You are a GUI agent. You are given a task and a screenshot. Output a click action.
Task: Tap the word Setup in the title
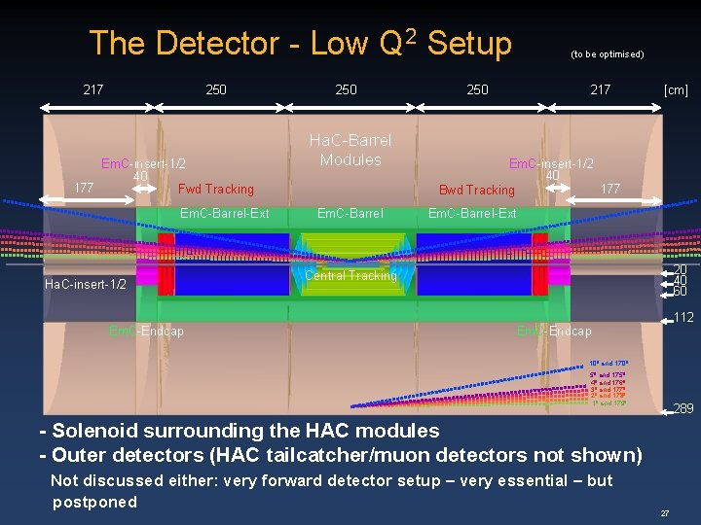click(x=468, y=43)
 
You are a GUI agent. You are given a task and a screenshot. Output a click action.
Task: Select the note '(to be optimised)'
click(x=607, y=54)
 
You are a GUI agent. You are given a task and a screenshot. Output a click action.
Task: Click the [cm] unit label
click(x=676, y=89)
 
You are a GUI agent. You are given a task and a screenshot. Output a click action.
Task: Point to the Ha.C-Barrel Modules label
click(x=350, y=150)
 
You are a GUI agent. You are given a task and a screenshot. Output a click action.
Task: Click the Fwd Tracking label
click(x=216, y=189)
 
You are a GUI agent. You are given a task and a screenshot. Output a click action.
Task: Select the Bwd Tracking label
click(x=476, y=190)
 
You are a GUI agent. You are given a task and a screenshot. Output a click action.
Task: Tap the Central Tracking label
click(x=350, y=275)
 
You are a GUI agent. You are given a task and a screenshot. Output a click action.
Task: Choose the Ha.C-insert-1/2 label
click(x=86, y=284)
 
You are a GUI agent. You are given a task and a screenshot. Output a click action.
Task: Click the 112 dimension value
click(x=683, y=316)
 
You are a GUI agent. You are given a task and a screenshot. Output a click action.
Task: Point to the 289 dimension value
click(x=683, y=408)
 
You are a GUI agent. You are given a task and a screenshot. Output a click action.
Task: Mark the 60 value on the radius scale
click(x=680, y=292)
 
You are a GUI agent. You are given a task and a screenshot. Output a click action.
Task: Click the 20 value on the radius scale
click(x=680, y=269)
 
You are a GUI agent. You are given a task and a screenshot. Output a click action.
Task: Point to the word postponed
click(x=94, y=502)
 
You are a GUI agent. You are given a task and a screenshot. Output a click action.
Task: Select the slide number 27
click(x=665, y=512)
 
